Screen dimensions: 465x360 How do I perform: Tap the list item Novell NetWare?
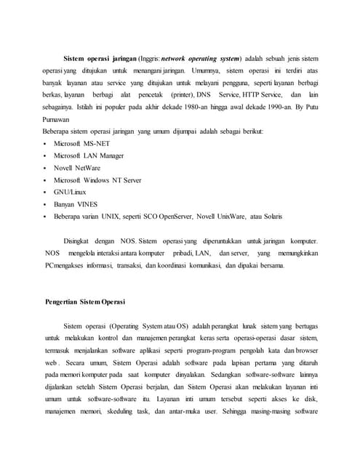77,168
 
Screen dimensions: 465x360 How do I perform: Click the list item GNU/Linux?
70,193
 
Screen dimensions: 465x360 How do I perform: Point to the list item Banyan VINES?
76,204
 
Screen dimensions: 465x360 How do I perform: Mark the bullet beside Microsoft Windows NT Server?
45,180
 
